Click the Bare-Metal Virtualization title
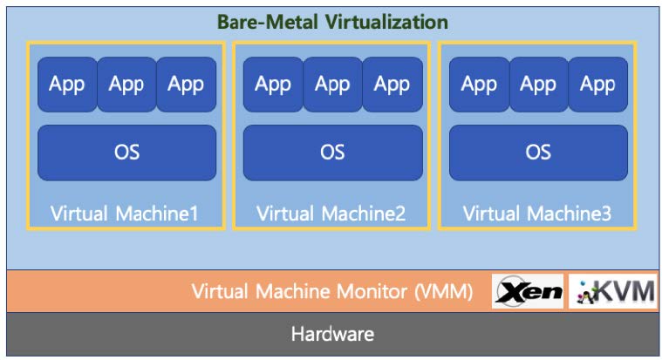[x=333, y=22]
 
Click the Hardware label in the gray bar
[x=332, y=334]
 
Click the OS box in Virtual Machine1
[x=126, y=152]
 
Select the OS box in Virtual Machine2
[x=332, y=152]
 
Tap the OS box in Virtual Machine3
[x=538, y=152]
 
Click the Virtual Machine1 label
[x=125, y=213]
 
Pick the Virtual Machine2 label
[x=331, y=213]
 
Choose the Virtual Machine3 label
[x=536, y=213]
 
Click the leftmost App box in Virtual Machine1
[x=66, y=85]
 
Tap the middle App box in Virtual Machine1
[x=126, y=85]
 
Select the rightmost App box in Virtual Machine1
[x=186, y=85]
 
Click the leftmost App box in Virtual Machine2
[x=273, y=85]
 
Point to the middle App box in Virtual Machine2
[x=332, y=85]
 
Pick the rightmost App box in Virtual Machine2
[x=392, y=85]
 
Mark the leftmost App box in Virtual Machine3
[x=479, y=85]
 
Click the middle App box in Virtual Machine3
[x=538, y=85]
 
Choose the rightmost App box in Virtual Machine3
[x=597, y=85]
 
